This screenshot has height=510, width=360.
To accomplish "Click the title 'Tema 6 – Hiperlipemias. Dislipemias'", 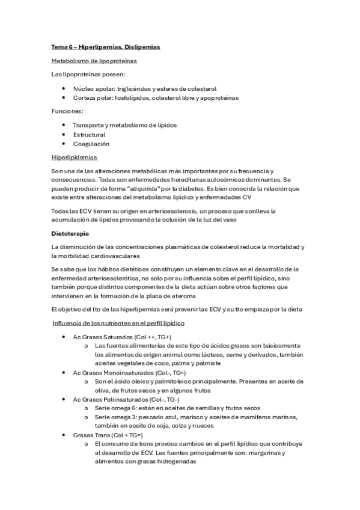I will (105, 46).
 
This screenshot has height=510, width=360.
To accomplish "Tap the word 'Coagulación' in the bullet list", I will (91, 144).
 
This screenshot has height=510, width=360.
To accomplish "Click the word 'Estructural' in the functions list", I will (89, 135).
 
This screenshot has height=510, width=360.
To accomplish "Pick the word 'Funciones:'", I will (67, 111).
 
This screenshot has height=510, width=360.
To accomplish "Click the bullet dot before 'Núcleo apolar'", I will (64, 88).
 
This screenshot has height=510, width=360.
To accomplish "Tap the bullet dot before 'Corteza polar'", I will (64, 97).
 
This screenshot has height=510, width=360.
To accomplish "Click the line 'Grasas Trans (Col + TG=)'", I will (107, 435).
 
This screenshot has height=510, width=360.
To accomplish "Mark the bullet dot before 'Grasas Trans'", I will (64, 435).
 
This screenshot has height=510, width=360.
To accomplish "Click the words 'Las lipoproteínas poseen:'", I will (88, 75).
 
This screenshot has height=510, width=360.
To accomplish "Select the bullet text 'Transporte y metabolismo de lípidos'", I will (125, 125).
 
